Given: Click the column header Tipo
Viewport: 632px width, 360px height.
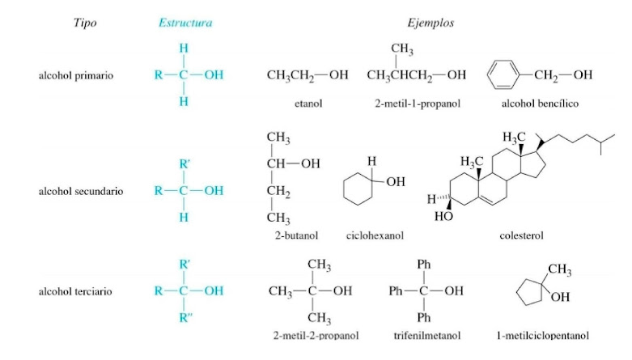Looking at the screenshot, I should tap(85, 23).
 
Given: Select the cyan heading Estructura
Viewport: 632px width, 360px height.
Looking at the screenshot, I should tap(185, 23).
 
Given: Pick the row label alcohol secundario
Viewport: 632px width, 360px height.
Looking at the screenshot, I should tap(81, 192).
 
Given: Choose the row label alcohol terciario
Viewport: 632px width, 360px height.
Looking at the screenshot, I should tap(76, 290).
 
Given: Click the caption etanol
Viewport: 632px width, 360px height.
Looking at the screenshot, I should tap(308, 104).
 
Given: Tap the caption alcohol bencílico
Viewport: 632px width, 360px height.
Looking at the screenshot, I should tap(540, 104).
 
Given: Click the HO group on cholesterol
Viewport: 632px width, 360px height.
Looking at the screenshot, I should tap(443, 218).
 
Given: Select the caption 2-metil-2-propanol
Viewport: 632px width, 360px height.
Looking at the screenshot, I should tap(316, 334).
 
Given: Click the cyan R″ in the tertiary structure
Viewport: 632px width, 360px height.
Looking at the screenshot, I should tap(186, 318).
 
